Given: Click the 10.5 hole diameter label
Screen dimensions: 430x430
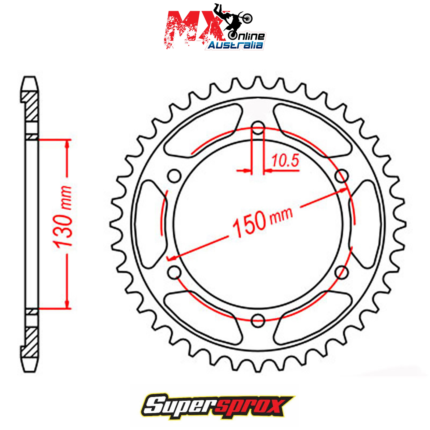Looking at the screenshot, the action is coord(285,161).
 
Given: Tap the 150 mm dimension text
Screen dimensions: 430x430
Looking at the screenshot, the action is coord(263,222).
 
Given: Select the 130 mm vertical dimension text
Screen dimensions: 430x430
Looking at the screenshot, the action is coord(63,217).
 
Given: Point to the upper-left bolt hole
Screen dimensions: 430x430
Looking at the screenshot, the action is coord(174,176).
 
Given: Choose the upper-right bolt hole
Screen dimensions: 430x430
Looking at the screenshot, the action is coord(342,176).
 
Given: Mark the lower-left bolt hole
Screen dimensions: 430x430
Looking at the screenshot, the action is coord(174,272).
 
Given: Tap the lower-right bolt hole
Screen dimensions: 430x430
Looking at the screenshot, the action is coord(342,272).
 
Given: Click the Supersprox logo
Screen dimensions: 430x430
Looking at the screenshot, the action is coord(218,407).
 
